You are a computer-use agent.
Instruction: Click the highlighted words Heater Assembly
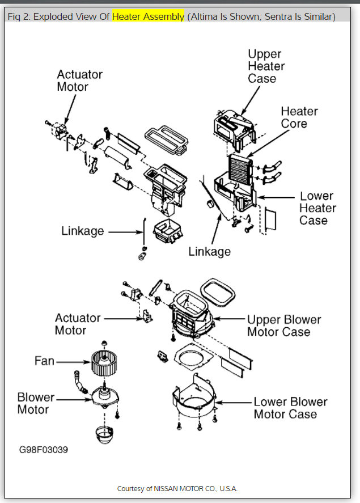point(148,16)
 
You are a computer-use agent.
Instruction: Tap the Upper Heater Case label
point(266,66)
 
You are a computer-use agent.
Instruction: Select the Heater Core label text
point(299,117)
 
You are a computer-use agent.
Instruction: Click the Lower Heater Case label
point(317,208)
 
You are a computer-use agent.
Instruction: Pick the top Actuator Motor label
point(79,81)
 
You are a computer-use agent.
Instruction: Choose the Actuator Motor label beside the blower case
point(78,324)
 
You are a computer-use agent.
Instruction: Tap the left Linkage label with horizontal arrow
point(83,231)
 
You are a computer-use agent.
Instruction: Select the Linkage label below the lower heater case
point(210,251)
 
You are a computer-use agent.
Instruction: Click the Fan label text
point(44,361)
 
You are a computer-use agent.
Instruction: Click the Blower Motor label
point(36,403)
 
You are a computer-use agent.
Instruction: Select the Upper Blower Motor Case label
point(283,326)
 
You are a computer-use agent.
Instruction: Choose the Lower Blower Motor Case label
point(290,408)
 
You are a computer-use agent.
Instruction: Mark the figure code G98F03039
point(44,449)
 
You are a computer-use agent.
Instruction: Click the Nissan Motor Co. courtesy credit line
point(177,488)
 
